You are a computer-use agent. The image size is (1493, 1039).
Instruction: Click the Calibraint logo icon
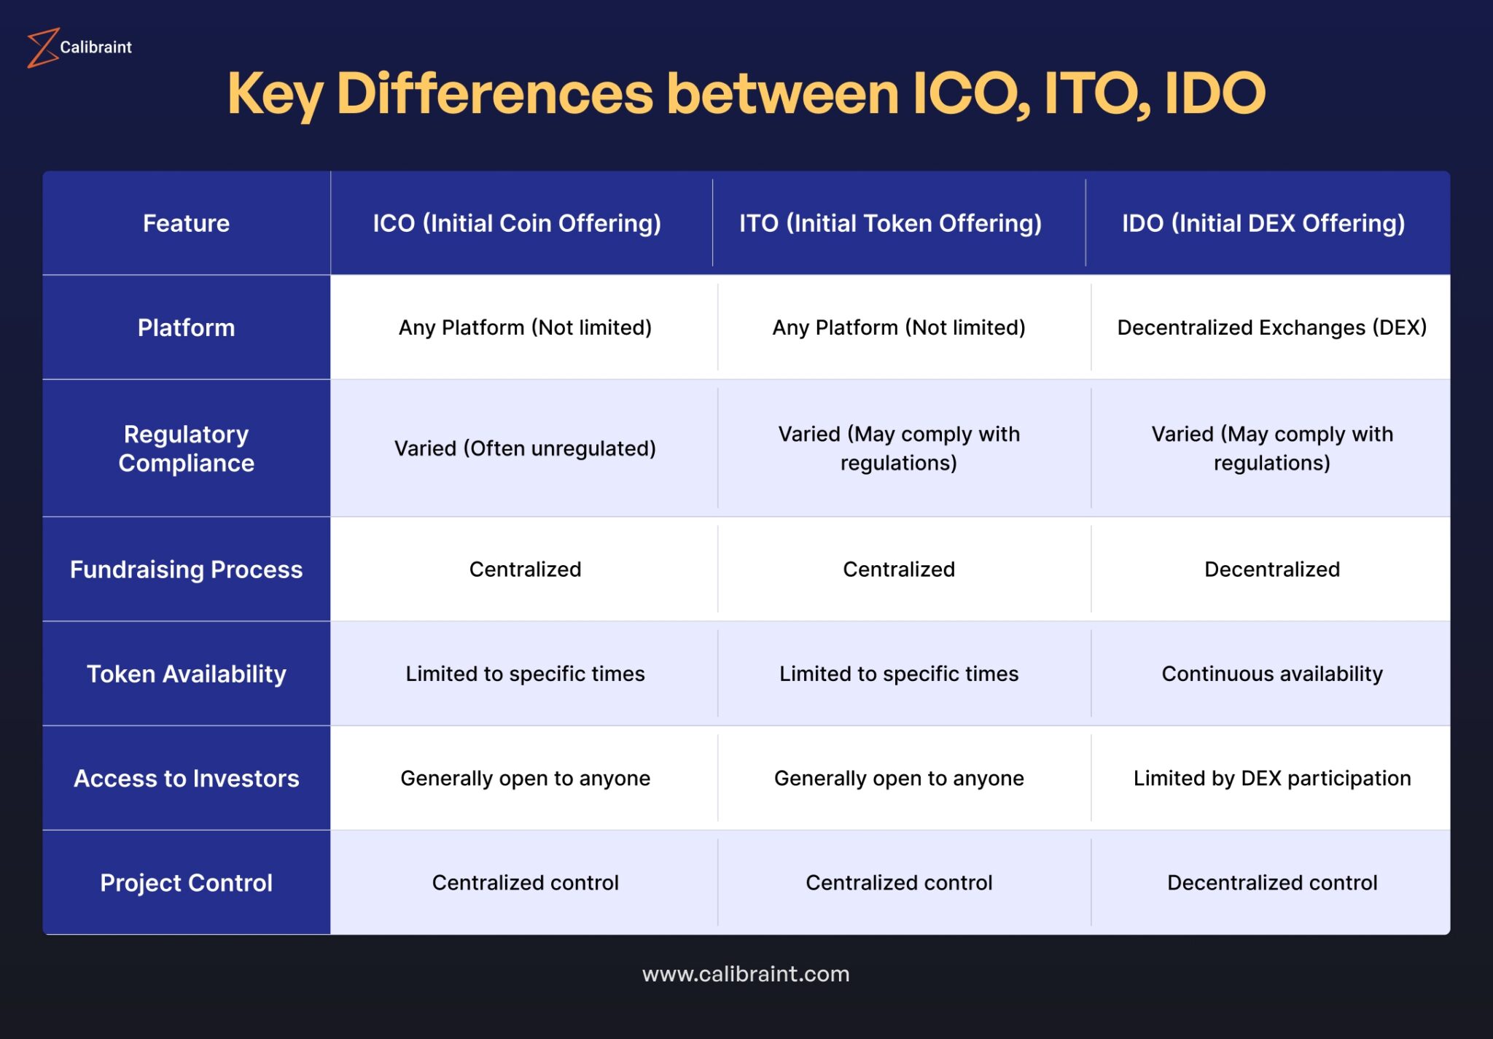tap(42, 47)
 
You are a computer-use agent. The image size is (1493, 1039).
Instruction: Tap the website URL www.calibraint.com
tap(746, 974)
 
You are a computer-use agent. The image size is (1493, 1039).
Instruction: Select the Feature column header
tap(186, 223)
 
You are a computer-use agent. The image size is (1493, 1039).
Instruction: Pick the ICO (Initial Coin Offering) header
tap(517, 223)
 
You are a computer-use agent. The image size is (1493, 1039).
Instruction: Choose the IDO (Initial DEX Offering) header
tap(1263, 223)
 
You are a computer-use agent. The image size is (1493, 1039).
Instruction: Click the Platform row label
tap(186, 327)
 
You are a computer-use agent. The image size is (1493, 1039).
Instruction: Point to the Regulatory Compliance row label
tap(186, 448)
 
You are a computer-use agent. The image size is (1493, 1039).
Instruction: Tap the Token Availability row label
tap(186, 674)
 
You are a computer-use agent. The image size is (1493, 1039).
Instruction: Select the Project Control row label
tap(186, 882)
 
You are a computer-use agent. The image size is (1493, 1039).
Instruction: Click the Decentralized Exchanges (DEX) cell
tap(1271, 327)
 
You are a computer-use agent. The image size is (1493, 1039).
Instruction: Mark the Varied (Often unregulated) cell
tap(525, 448)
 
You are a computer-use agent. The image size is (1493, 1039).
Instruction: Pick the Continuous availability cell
tap(1271, 674)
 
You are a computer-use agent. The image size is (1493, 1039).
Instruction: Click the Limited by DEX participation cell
tap(1271, 778)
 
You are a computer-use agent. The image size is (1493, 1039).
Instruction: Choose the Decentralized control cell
tap(1271, 882)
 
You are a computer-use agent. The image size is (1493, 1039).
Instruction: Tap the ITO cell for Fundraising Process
tap(898, 569)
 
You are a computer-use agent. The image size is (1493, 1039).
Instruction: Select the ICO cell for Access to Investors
tap(525, 778)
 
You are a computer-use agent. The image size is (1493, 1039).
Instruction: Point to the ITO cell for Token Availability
tap(898, 674)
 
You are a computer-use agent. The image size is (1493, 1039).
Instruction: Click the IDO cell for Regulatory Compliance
tap(1271, 448)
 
